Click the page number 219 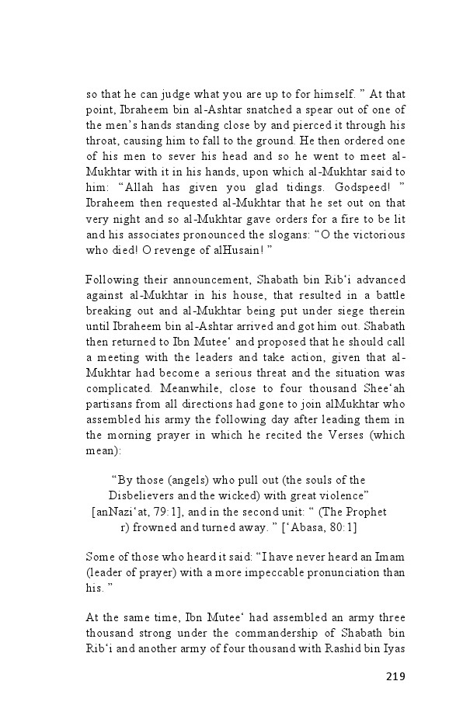(395, 676)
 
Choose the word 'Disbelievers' (145, 495)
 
